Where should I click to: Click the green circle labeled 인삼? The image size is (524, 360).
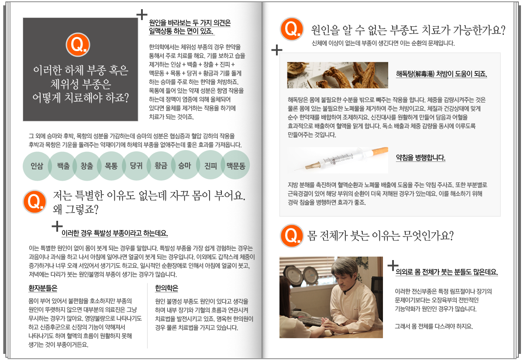(37, 166)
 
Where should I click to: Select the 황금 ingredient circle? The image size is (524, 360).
(161, 166)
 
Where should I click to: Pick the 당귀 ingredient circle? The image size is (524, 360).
(136, 166)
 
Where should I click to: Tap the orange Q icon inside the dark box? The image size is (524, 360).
(78, 45)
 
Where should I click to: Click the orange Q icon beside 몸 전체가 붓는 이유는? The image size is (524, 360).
(292, 236)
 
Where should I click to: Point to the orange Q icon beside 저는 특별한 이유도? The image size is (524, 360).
(34, 202)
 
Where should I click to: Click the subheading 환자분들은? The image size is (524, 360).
(43, 288)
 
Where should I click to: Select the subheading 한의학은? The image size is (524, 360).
(166, 288)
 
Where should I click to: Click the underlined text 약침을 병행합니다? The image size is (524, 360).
(421, 158)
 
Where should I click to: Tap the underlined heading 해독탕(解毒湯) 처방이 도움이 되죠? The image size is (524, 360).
(441, 74)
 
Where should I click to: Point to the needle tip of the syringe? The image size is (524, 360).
(295, 170)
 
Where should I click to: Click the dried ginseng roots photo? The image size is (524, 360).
(338, 75)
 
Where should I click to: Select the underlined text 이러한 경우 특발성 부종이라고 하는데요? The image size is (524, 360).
(114, 233)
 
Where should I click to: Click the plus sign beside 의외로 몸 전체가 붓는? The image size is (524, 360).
(393, 266)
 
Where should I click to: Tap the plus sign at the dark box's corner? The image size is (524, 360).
(142, 14)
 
